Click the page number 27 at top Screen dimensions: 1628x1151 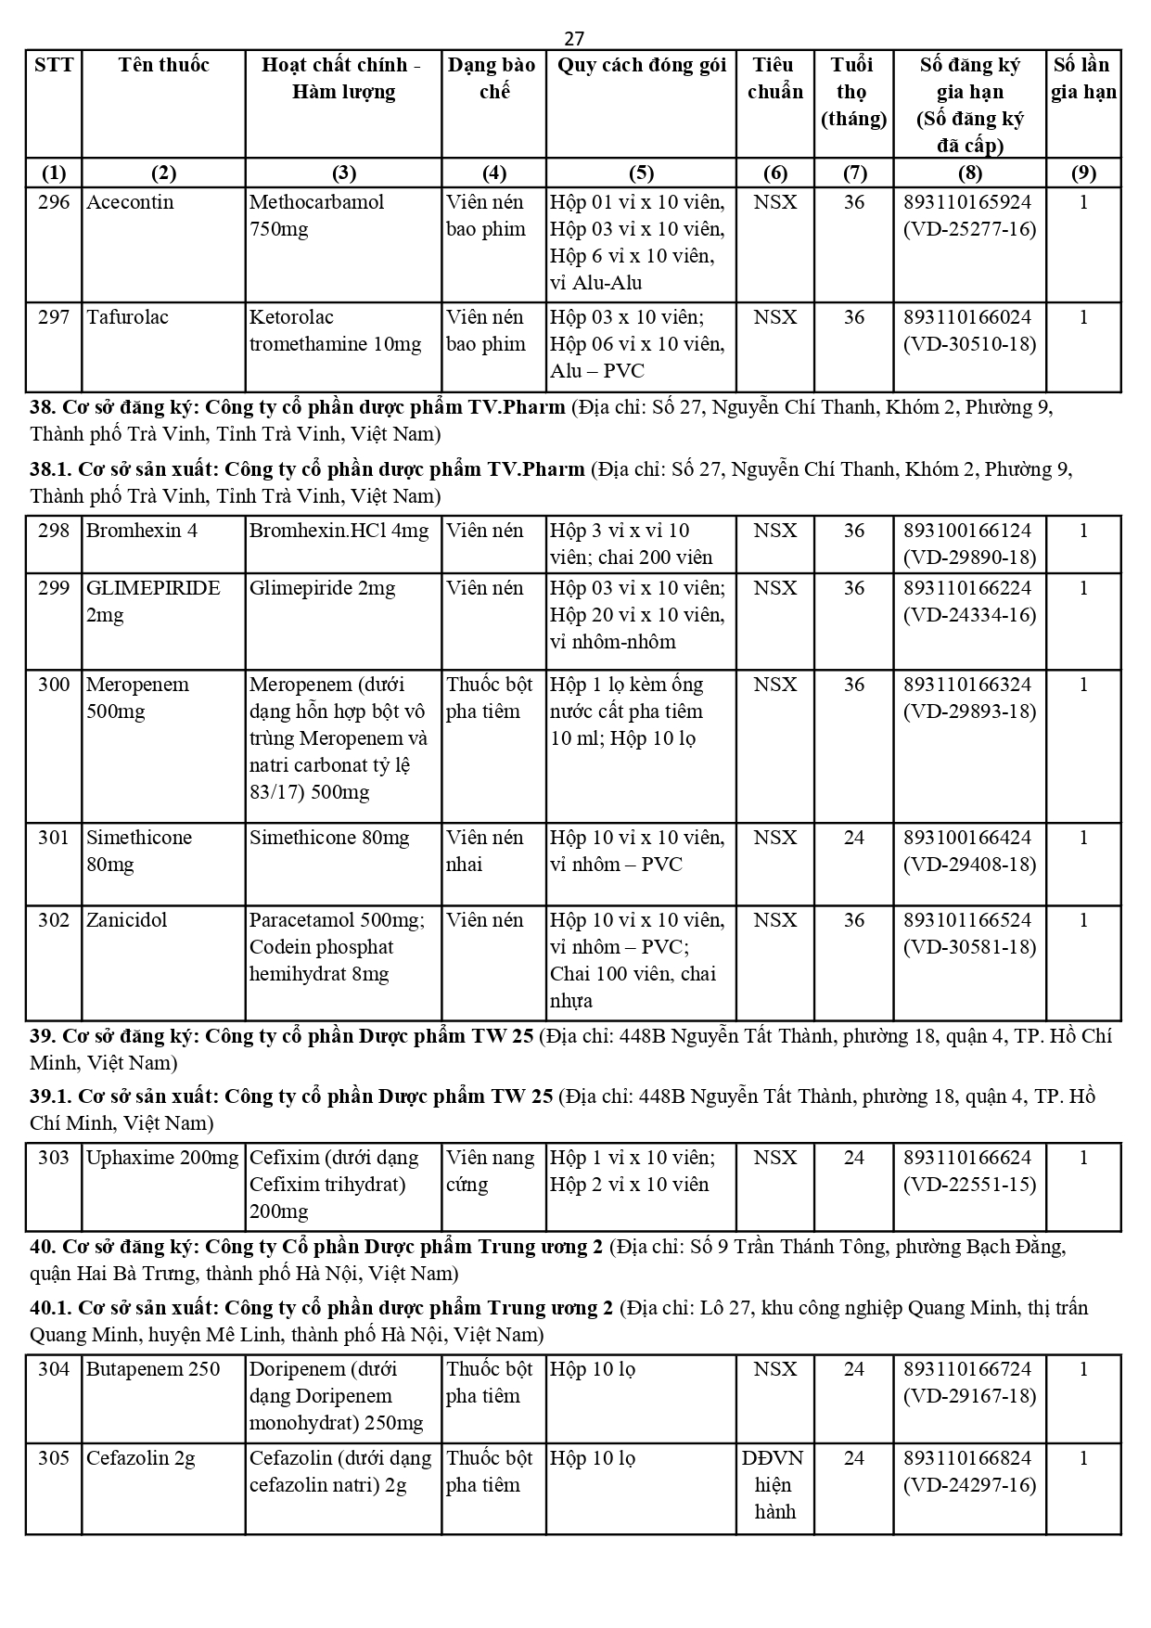click(x=574, y=38)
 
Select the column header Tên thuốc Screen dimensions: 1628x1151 click(x=163, y=65)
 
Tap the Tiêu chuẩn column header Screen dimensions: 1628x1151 click(x=774, y=78)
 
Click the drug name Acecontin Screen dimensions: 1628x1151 click(x=130, y=202)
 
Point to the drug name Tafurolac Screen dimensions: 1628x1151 click(x=127, y=317)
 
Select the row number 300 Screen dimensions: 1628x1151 click(x=54, y=685)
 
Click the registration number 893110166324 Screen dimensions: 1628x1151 click(x=968, y=685)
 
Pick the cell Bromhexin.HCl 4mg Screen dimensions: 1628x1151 click(x=339, y=531)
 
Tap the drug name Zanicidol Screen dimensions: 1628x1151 click(x=127, y=920)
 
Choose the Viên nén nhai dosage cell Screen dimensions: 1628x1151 click(x=485, y=851)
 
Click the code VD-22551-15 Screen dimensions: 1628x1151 click(x=969, y=1185)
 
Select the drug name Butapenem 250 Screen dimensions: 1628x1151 click(x=153, y=1369)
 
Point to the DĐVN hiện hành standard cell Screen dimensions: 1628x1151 click(x=774, y=1485)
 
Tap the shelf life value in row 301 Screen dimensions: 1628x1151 click(x=853, y=838)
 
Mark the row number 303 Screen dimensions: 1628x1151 click(x=54, y=1158)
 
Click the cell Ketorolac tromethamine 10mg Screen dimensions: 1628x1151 click(x=335, y=331)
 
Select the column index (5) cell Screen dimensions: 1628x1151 click(x=641, y=173)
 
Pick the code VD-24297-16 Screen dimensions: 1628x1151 click(x=969, y=1485)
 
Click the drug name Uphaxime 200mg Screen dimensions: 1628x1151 click(x=162, y=1158)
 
